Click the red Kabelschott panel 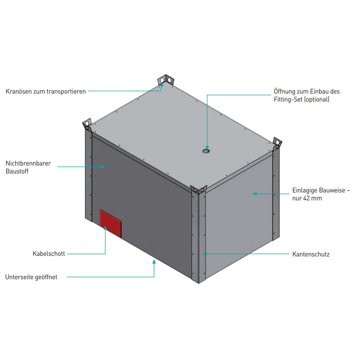click(110, 223)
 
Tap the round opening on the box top click(206, 151)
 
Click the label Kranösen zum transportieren click(46, 91)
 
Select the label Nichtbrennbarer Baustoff click(28, 167)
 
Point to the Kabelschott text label click(49, 254)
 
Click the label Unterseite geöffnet click(31, 277)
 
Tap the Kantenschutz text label click(311, 254)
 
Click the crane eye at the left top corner click(87, 125)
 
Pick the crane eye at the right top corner click(277, 143)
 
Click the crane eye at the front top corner click(198, 190)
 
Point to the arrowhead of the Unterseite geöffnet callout click(154, 262)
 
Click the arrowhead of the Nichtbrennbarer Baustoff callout click(103, 166)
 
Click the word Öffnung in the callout click(284, 91)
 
